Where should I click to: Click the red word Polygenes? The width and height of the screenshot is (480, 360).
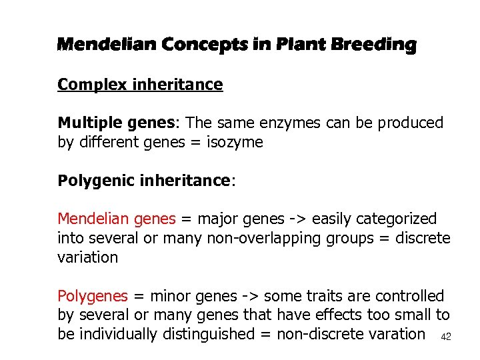click(x=92, y=296)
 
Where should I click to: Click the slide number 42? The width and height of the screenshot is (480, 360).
click(x=446, y=337)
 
